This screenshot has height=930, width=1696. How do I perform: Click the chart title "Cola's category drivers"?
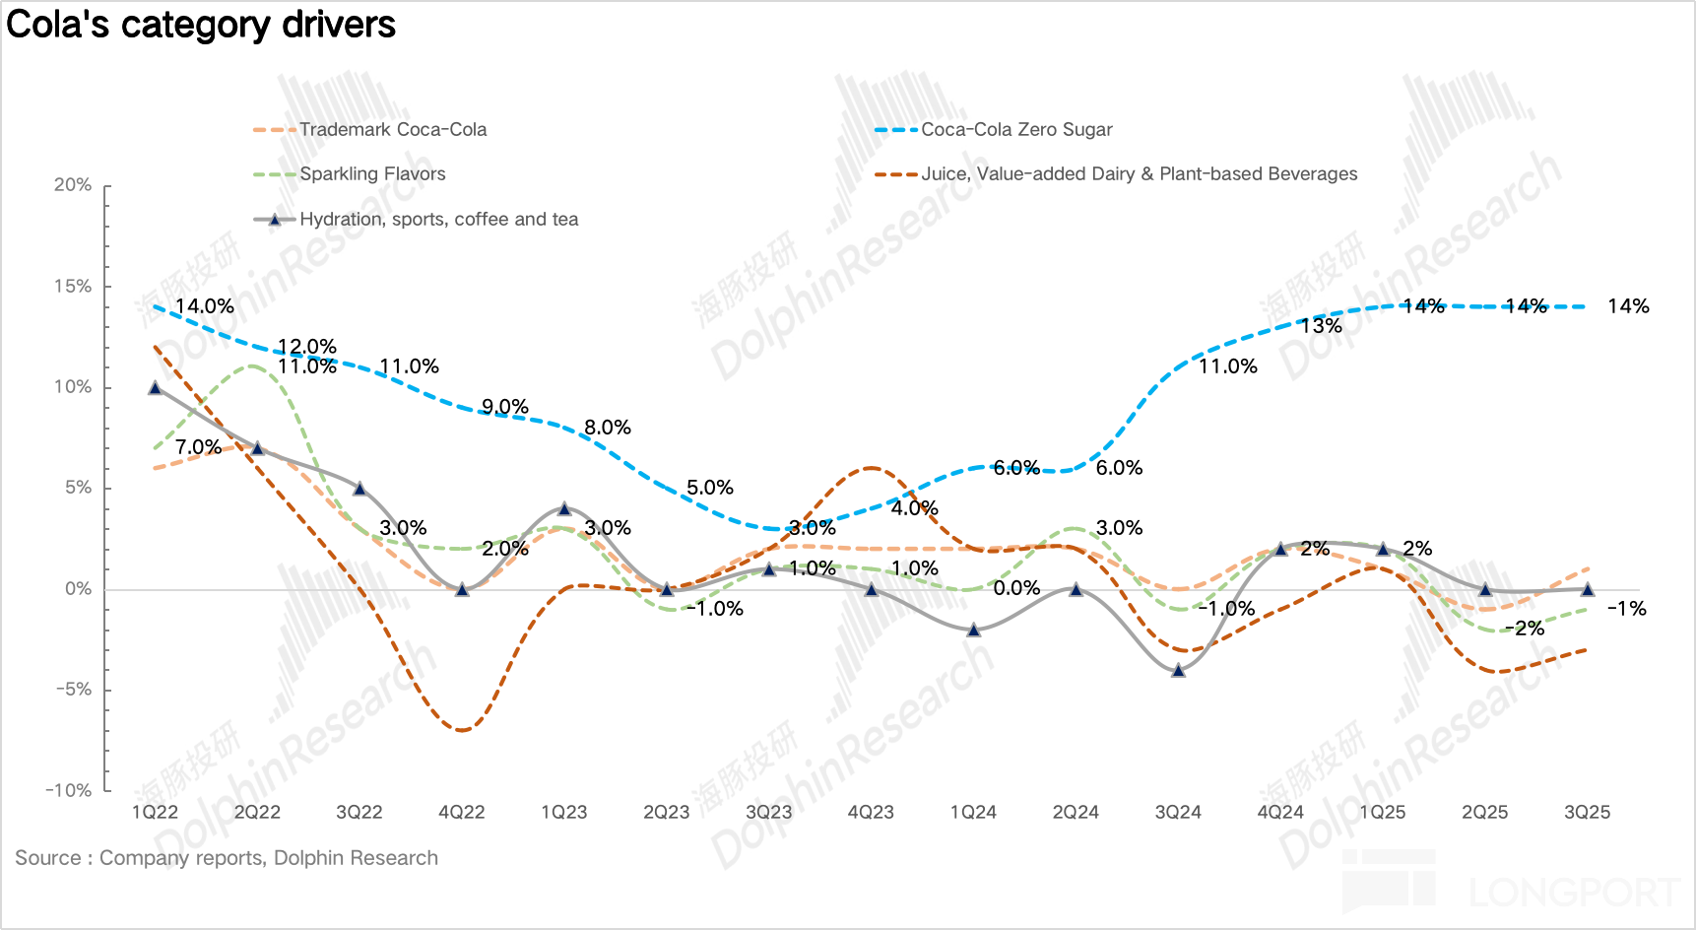201,25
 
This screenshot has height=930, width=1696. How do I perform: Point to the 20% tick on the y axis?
73,185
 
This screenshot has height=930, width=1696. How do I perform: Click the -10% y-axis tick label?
69,790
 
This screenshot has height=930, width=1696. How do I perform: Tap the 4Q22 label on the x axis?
462,813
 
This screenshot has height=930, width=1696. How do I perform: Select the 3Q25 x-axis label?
1587,813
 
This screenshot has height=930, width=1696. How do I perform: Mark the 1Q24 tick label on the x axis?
973,813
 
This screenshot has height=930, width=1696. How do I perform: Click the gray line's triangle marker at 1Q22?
155,388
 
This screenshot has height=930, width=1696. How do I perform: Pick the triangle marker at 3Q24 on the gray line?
1178,670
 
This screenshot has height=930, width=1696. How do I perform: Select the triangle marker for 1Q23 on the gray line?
564,509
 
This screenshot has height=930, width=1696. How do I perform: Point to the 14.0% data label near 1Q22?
205,306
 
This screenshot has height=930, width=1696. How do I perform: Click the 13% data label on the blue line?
1322,326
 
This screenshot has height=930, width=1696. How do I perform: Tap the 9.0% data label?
505,407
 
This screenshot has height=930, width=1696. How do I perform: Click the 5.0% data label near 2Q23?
710,488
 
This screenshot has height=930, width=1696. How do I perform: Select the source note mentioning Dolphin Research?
227,858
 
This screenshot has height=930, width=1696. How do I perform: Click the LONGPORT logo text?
1574,893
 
